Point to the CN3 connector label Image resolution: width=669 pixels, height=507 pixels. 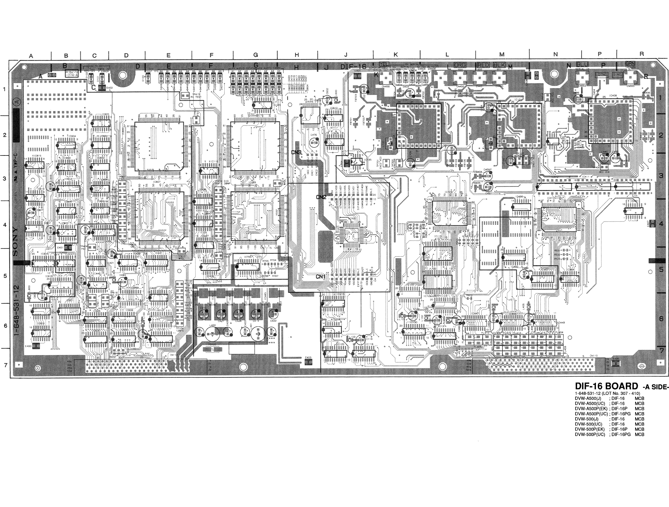[x=296, y=152]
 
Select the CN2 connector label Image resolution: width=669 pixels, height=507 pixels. [x=321, y=197]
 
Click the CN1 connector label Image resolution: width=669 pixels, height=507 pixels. [x=320, y=276]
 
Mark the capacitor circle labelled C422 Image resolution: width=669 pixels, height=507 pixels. [x=273, y=314]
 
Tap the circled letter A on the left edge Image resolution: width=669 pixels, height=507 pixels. [x=16, y=102]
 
